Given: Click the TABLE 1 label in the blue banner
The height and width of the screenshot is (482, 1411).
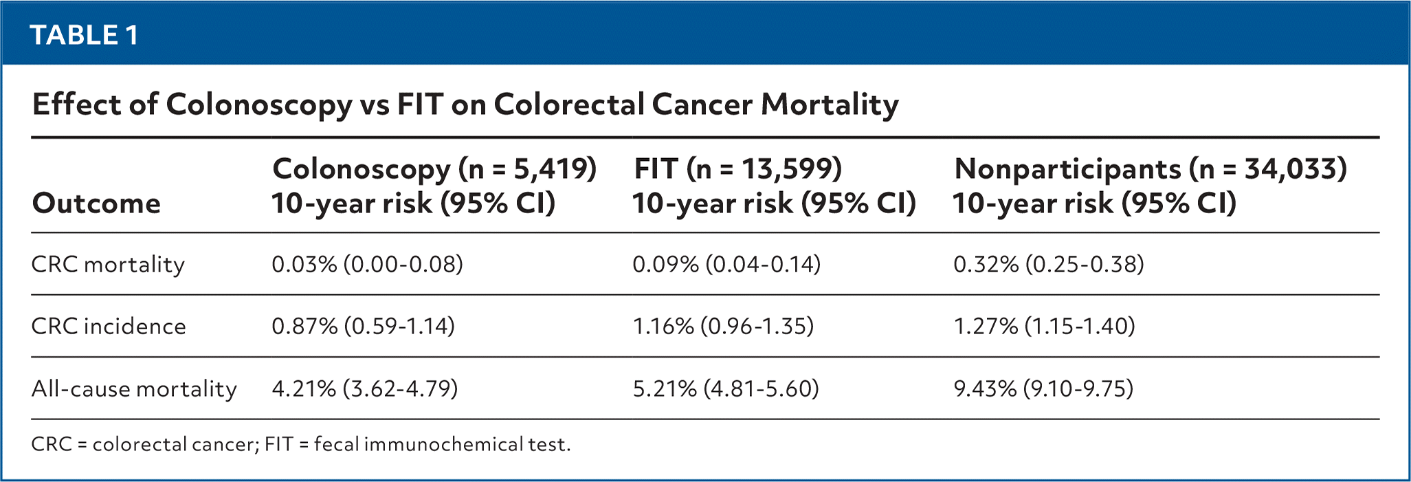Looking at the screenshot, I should coord(85,35).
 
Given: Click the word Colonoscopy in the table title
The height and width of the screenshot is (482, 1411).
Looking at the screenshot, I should coord(258,105).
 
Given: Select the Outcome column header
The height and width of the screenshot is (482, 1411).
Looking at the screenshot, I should coord(96,204).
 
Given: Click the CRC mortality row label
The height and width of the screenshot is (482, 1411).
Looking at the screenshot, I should coord(108,265).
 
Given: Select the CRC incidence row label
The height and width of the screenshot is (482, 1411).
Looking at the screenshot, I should coord(109,326).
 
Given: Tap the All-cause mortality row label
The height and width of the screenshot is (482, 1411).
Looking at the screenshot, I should coord(134,389).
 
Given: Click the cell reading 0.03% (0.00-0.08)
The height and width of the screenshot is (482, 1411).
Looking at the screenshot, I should coord(367,265).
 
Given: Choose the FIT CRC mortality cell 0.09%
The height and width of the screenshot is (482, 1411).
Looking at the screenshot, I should coord(726,265).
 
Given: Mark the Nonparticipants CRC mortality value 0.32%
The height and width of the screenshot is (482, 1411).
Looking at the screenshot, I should coord(1048,265).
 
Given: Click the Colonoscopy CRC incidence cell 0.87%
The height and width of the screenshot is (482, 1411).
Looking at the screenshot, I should coord(363,326).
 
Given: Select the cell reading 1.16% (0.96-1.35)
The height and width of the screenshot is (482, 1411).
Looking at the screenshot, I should coord(723,326).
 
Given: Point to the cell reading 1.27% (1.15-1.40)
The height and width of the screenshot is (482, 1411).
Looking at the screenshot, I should coord(1044,326).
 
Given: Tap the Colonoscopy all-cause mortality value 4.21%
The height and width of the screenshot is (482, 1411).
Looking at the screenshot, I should coord(364,389).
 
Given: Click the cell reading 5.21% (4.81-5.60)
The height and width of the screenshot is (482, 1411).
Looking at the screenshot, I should coord(726,389).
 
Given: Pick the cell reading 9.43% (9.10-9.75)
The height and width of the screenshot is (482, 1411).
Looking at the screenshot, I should coord(1043,389).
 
